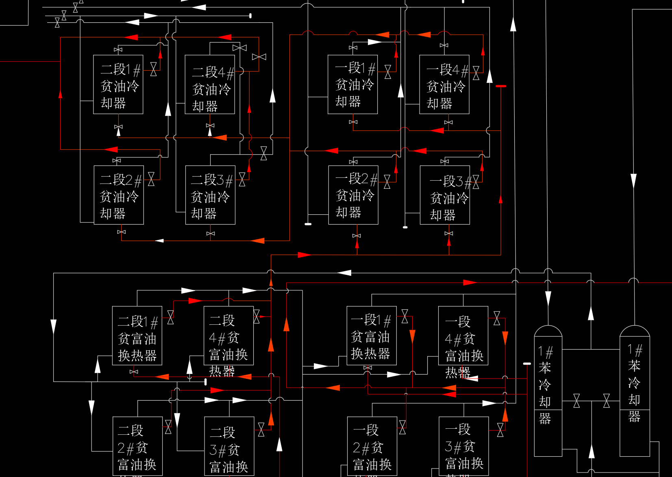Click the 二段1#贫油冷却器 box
[118, 84]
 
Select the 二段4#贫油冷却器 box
[210, 84]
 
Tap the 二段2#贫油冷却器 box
[119, 195]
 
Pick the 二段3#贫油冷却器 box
[210, 195]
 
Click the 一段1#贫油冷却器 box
[352, 84]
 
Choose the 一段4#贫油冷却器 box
[444, 84]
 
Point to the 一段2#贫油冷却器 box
[353, 195]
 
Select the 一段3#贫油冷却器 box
[445, 195]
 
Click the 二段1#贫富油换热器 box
[137, 336]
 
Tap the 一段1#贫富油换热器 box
[372, 336]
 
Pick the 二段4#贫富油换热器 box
[228, 336]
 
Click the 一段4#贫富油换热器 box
[463, 336]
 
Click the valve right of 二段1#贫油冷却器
[153, 69]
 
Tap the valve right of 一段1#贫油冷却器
[388, 72]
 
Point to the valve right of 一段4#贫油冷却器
[476, 73]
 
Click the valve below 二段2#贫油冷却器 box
[121, 232]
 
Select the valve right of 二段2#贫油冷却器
[151, 179]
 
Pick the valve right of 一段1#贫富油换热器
[405, 316]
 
